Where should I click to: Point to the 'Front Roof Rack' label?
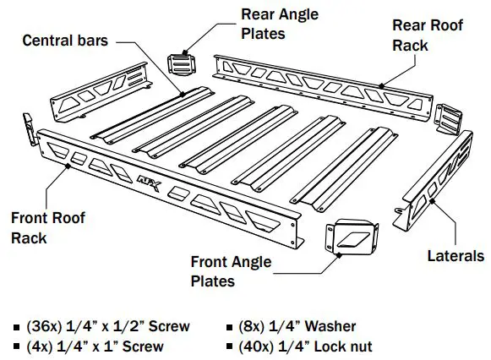coord(48,228)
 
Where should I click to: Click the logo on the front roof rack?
coord(146,179)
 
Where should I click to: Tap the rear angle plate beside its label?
coord(182,64)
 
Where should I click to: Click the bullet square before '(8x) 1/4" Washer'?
coord(232,327)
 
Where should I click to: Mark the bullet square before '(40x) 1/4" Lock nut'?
coord(232,347)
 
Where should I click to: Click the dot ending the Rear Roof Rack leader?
coord(383,85)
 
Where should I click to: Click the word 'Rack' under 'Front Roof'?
coord(30,238)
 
